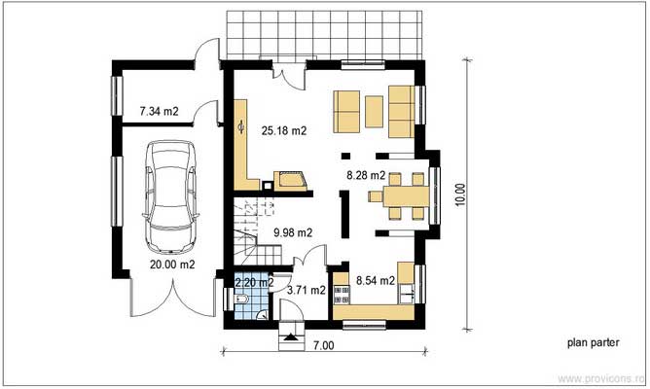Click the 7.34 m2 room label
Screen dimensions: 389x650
(159, 112)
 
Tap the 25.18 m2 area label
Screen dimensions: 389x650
(284, 130)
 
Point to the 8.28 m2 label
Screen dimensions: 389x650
(367, 176)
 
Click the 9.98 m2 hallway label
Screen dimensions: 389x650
(293, 232)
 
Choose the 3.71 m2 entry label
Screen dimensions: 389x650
(305, 290)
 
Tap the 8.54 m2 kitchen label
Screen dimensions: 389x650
(374, 281)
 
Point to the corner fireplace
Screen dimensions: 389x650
(291, 180)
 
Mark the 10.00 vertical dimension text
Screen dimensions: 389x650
(460, 194)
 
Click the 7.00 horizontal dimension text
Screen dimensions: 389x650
(323, 344)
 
